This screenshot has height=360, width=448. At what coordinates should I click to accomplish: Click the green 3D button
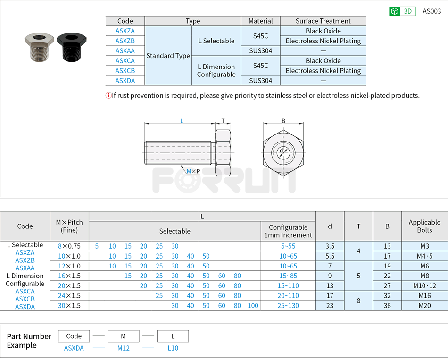[402, 11]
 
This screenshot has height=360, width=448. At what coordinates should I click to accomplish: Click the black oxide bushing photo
[71, 48]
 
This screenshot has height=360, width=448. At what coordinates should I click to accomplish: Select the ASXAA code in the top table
[125, 51]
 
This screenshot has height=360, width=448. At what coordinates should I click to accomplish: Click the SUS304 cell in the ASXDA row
[260, 81]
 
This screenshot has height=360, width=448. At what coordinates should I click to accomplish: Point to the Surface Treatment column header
[323, 21]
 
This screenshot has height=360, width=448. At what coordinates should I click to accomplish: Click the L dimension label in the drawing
[182, 121]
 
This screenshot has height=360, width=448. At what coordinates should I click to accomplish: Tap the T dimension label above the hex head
[223, 121]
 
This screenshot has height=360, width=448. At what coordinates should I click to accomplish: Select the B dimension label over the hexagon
[283, 121]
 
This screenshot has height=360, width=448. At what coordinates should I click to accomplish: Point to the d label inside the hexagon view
[282, 151]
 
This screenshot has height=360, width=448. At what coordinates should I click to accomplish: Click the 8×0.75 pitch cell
[69, 246]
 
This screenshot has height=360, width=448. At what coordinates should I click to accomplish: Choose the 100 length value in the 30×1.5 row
[253, 306]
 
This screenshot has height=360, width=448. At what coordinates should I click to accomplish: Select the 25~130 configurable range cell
[288, 306]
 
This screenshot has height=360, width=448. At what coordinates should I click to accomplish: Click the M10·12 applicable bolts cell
[424, 286]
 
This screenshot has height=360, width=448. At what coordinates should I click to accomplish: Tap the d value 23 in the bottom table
[330, 306]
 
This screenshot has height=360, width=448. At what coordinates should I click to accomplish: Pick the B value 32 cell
[387, 296]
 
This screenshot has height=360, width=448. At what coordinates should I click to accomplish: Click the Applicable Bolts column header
[424, 226]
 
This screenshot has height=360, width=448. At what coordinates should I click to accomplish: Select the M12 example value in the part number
[123, 348]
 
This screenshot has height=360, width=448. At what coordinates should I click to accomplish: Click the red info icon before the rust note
[108, 96]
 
